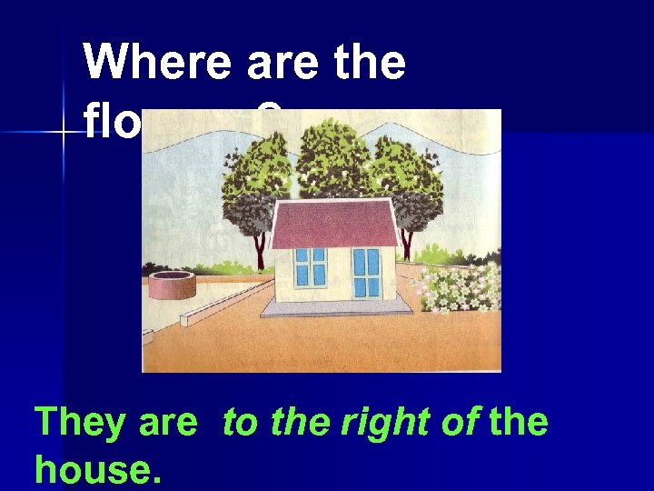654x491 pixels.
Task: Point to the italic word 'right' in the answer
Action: [x=349, y=424]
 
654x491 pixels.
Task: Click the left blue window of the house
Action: [x=310, y=266]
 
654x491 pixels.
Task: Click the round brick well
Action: [x=173, y=283]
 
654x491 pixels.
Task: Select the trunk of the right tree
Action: [x=406, y=243]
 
